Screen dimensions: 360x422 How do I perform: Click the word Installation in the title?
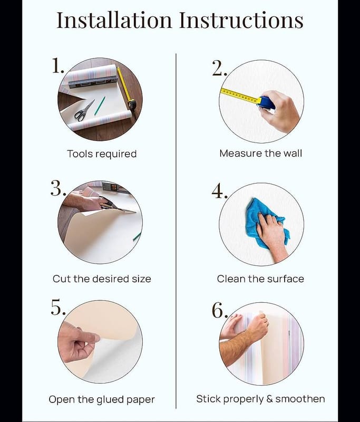click(x=114, y=20)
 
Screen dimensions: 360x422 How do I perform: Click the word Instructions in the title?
click(x=241, y=20)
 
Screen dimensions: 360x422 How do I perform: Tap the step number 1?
click(x=57, y=65)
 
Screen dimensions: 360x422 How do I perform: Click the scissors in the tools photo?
click(x=84, y=110)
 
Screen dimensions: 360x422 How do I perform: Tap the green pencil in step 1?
click(x=100, y=106)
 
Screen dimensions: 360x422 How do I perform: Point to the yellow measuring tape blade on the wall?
click(x=240, y=96)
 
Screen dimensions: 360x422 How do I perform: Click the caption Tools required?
click(x=102, y=154)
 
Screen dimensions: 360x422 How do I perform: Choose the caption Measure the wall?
click(x=260, y=154)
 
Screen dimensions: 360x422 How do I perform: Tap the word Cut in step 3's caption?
click(x=62, y=279)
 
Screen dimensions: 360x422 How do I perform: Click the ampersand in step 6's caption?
click(x=269, y=399)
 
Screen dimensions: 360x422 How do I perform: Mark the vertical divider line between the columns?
click(x=176, y=231)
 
